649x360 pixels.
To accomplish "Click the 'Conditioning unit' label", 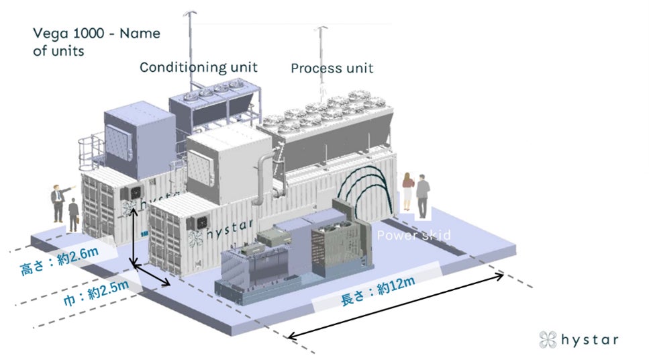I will point(198,67).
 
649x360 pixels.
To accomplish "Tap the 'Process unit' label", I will point(332,68).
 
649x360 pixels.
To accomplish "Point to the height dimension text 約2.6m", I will point(60,260).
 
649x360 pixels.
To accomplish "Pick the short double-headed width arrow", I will point(152,276).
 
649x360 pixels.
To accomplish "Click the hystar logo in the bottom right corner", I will point(579,339).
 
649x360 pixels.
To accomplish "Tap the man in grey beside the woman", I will point(421,194).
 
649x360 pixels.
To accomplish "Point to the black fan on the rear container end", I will point(132,193).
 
